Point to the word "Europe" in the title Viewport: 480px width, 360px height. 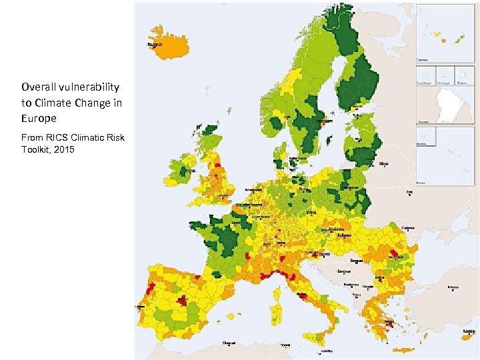(39, 117)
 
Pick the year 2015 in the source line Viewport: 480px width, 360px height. (65, 149)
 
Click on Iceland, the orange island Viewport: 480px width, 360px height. (167, 43)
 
